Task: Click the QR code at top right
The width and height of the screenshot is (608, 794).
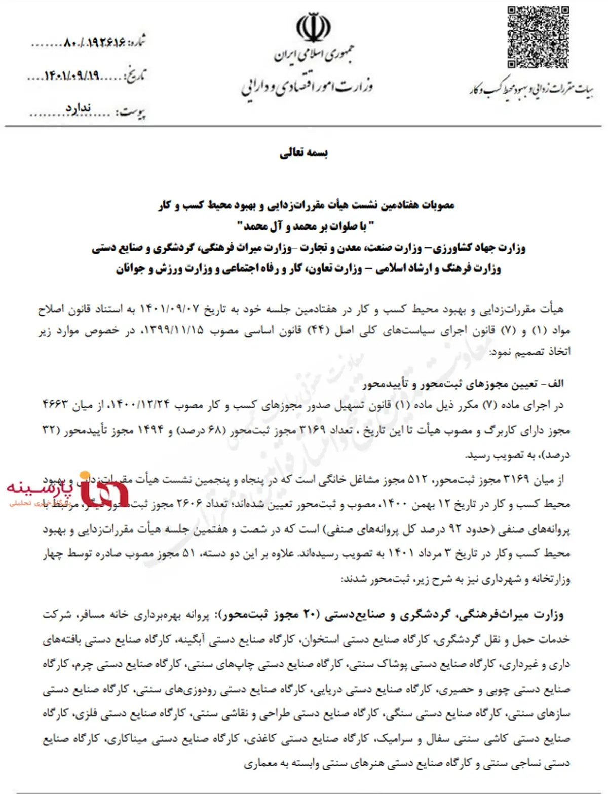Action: (538, 36)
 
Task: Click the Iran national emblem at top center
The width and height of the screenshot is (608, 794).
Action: (314, 28)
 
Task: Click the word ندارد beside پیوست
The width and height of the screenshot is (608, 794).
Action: (79, 108)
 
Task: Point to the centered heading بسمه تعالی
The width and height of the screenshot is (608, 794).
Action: (304, 153)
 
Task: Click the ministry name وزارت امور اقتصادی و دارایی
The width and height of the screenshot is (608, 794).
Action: (308, 88)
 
